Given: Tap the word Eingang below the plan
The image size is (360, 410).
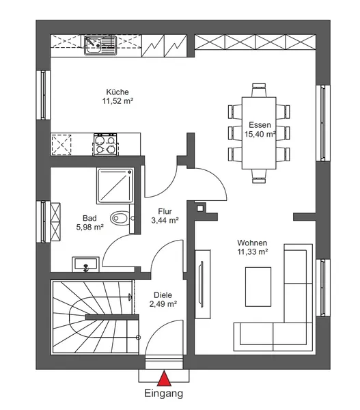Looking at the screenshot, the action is [x=164, y=394].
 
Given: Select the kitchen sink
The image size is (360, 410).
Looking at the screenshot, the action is [x=100, y=46].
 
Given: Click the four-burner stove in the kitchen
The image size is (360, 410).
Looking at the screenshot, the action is [x=105, y=144].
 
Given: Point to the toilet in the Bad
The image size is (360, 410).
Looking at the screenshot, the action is [x=120, y=218].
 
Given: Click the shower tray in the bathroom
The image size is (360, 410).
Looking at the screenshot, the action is [x=115, y=186].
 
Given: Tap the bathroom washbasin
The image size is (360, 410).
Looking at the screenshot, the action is [x=86, y=264].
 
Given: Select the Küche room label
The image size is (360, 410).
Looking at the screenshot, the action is [x=117, y=92].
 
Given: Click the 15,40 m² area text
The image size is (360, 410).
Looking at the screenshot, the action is [x=260, y=134].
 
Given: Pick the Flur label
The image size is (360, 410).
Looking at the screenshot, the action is [x=165, y=211].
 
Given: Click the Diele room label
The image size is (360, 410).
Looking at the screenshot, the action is [x=163, y=295].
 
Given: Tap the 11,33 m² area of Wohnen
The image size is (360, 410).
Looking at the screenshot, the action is [x=252, y=251].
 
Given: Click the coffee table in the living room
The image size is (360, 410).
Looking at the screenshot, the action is [x=258, y=286].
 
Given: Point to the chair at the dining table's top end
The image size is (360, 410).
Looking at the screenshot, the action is [x=259, y=90].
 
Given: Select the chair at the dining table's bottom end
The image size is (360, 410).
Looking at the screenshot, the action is [x=259, y=176].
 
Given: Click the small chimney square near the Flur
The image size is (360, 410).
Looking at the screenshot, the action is [x=199, y=208].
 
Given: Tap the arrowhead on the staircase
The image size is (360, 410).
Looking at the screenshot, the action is [x=130, y=297].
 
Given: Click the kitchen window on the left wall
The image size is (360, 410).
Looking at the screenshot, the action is [x=44, y=95].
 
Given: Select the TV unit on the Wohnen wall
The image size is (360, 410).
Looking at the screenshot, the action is [x=203, y=284].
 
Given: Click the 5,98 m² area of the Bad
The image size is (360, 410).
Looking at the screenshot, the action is [x=90, y=227].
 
